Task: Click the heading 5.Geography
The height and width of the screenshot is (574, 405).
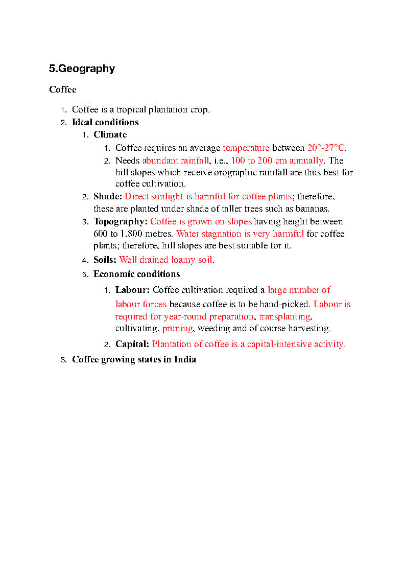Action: pyautogui.click(x=82, y=68)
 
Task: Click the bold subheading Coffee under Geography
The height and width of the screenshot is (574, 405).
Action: pyautogui.click(x=63, y=89)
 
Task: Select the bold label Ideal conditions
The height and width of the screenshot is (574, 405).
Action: pyautogui.click(x=105, y=122)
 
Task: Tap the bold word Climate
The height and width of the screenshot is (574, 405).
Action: pyautogui.click(x=110, y=134)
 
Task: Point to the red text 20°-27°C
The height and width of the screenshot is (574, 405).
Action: pyautogui.click(x=326, y=148)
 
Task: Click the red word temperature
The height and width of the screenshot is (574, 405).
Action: pyautogui.click(x=246, y=148)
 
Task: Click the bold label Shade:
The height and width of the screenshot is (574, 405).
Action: pyautogui.click(x=107, y=196)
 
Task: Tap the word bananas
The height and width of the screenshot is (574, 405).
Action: pyautogui.click(x=313, y=209)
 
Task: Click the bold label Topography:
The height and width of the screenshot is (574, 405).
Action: pyautogui.click(x=121, y=221)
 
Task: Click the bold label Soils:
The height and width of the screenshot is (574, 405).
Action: pyautogui.click(x=105, y=260)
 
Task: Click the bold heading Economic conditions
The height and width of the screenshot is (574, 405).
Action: pyautogui.click(x=136, y=274)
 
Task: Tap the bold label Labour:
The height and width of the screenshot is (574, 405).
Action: pyautogui.click(x=132, y=290)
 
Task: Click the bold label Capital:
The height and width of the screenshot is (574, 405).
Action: pyautogui.click(x=132, y=344)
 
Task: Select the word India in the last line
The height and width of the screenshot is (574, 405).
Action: pyautogui.click(x=185, y=359)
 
